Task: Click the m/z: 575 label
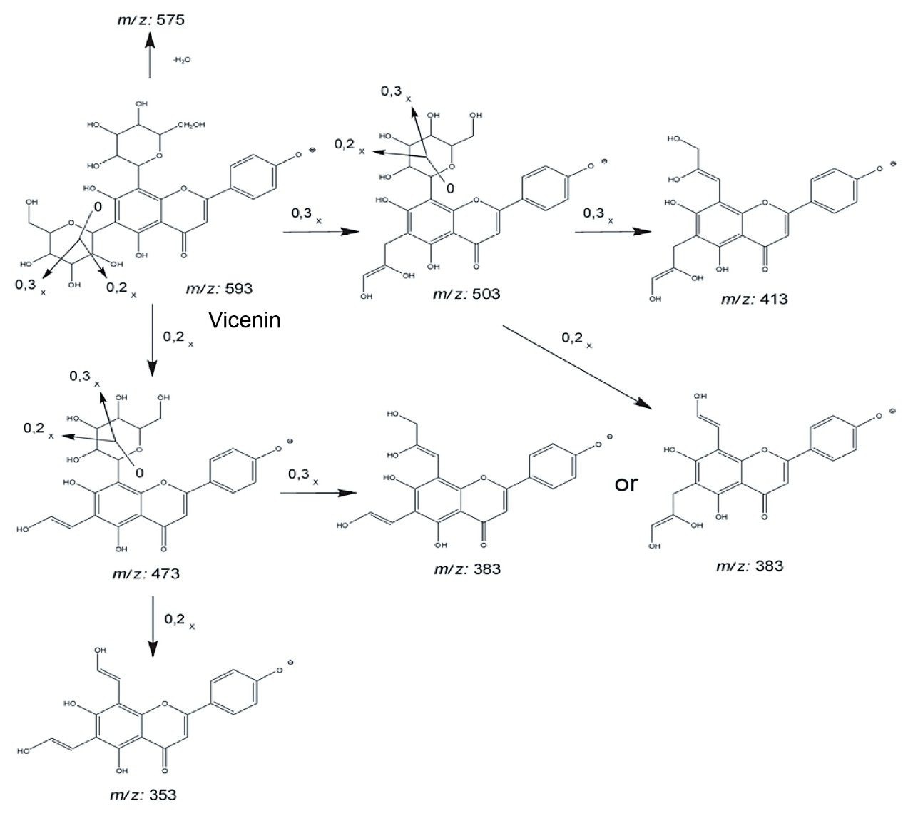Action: pos(151,19)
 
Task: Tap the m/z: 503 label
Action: pos(466,293)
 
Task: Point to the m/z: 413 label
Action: pos(754,299)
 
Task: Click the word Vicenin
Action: pos(245,320)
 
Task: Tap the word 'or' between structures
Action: pos(626,484)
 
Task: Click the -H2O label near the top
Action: pos(181,61)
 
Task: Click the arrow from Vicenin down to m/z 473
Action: pos(151,340)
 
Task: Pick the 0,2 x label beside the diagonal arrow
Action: pos(577,338)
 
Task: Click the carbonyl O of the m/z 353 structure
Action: pos(163,770)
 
